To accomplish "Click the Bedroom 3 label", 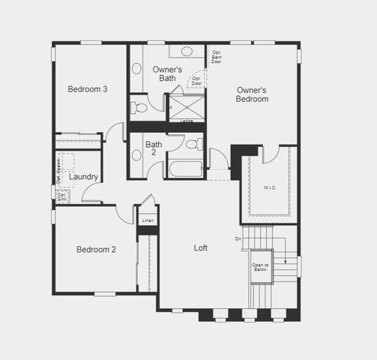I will [x=88, y=88].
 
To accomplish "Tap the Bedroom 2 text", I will [x=96, y=249].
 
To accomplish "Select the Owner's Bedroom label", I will [x=251, y=94].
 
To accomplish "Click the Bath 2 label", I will [x=154, y=148].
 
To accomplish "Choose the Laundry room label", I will [x=82, y=177].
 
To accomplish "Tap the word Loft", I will [x=201, y=247].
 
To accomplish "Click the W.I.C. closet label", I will [x=270, y=187].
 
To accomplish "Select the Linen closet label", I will [x=148, y=220].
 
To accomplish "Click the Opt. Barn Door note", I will [x=217, y=57].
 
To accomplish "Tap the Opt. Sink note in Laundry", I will [x=62, y=196].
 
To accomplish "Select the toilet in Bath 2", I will [x=192, y=142].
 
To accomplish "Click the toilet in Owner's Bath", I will [x=139, y=107].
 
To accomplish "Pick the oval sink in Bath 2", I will [x=136, y=156].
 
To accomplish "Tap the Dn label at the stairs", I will [x=238, y=239].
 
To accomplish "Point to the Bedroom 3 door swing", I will [x=115, y=131].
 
